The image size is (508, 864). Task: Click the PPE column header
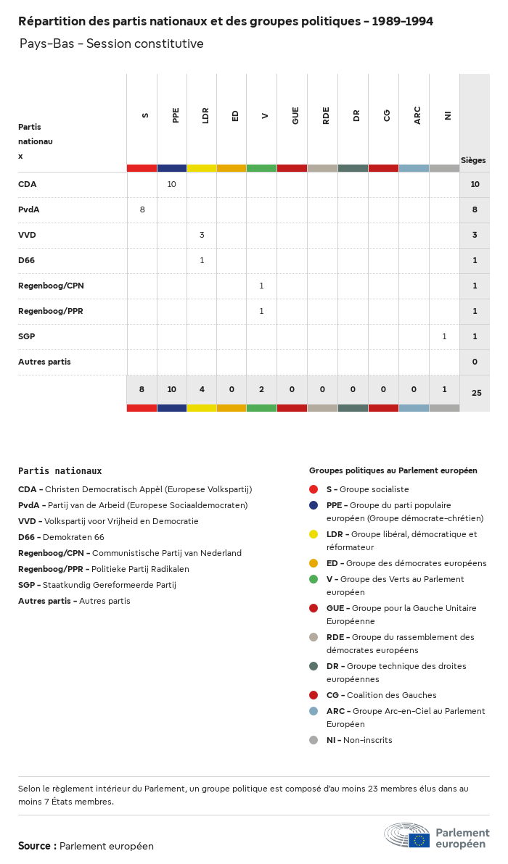click(176, 115)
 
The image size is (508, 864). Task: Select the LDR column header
click(206, 115)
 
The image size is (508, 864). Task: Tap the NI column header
click(448, 115)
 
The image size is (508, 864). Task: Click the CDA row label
click(28, 184)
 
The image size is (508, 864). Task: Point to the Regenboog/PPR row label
click(51, 311)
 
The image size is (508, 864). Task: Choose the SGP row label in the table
click(27, 336)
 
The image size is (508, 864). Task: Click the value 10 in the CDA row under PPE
click(172, 184)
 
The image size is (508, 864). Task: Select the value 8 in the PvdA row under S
click(142, 209)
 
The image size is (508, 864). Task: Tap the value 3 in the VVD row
click(202, 235)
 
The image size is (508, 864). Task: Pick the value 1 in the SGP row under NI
click(444, 336)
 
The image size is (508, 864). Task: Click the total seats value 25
click(476, 393)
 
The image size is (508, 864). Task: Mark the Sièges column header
click(473, 160)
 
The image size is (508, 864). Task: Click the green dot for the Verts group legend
click(314, 579)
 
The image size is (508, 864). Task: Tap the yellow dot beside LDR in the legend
click(314, 534)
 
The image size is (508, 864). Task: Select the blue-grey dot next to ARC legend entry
click(314, 711)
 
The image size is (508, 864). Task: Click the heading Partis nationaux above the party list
click(60, 470)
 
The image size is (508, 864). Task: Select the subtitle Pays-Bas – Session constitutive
click(112, 44)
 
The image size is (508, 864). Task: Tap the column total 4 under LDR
click(202, 389)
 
